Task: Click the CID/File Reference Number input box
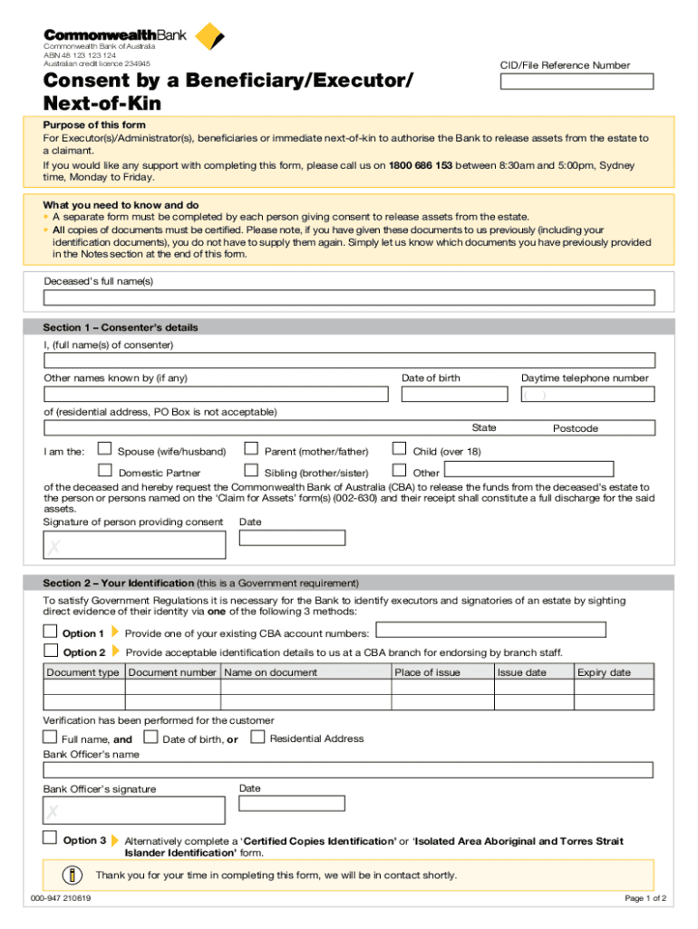coord(577,81)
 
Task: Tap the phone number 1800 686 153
coord(421,166)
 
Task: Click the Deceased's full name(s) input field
coord(349,298)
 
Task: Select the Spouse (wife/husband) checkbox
coord(105,448)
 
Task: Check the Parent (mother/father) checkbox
coord(252,448)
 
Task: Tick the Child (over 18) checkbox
coord(398,448)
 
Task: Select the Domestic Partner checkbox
coord(105,470)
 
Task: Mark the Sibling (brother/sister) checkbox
coord(252,470)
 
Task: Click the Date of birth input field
coord(456,395)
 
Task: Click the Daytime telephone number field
coord(587,395)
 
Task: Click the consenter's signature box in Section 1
coord(134,544)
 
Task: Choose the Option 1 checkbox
coord(51,631)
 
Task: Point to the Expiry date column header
coord(604,672)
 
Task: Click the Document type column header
coord(82,672)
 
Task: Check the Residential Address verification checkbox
coord(257,737)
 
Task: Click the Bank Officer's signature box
coord(134,809)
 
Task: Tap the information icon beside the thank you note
coord(72,875)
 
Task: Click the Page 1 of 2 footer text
coord(645,898)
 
